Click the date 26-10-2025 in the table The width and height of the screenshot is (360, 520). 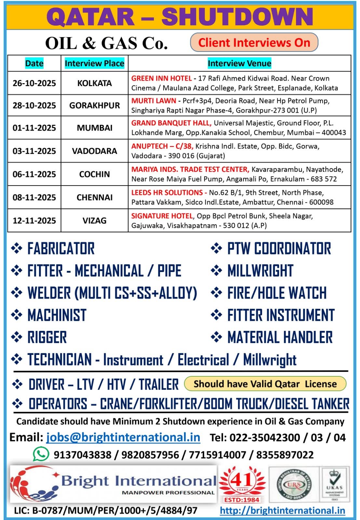click(x=34, y=83)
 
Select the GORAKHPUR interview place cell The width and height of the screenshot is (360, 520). click(x=94, y=106)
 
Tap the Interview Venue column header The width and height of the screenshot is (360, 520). click(x=239, y=63)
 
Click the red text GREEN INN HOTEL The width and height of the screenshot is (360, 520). click(x=161, y=78)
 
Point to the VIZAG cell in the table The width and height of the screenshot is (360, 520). click(x=94, y=221)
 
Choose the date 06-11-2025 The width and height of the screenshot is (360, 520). click(x=34, y=174)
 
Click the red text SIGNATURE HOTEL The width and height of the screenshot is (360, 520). click(x=162, y=216)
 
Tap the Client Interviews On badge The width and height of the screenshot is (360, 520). click(x=254, y=43)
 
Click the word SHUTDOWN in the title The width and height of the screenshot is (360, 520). click(x=237, y=17)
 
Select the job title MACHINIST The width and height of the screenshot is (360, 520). click(x=57, y=315)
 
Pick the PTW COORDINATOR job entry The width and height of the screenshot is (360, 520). click(x=279, y=249)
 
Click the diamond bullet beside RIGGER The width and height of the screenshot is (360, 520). click(x=17, y=337)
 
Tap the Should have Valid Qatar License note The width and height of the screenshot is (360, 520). click(x=265, y=384)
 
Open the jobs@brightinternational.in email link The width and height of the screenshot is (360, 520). click(x=123, y=437)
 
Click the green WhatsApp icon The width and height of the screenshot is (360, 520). click(x=41, y=454)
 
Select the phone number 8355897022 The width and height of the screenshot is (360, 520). click(x=285, y=455)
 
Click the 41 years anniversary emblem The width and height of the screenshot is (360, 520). click(x=242, y=484)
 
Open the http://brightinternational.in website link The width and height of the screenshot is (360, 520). click(x=282, y=511)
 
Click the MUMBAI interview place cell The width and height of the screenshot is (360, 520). click(x=94, y=128)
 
